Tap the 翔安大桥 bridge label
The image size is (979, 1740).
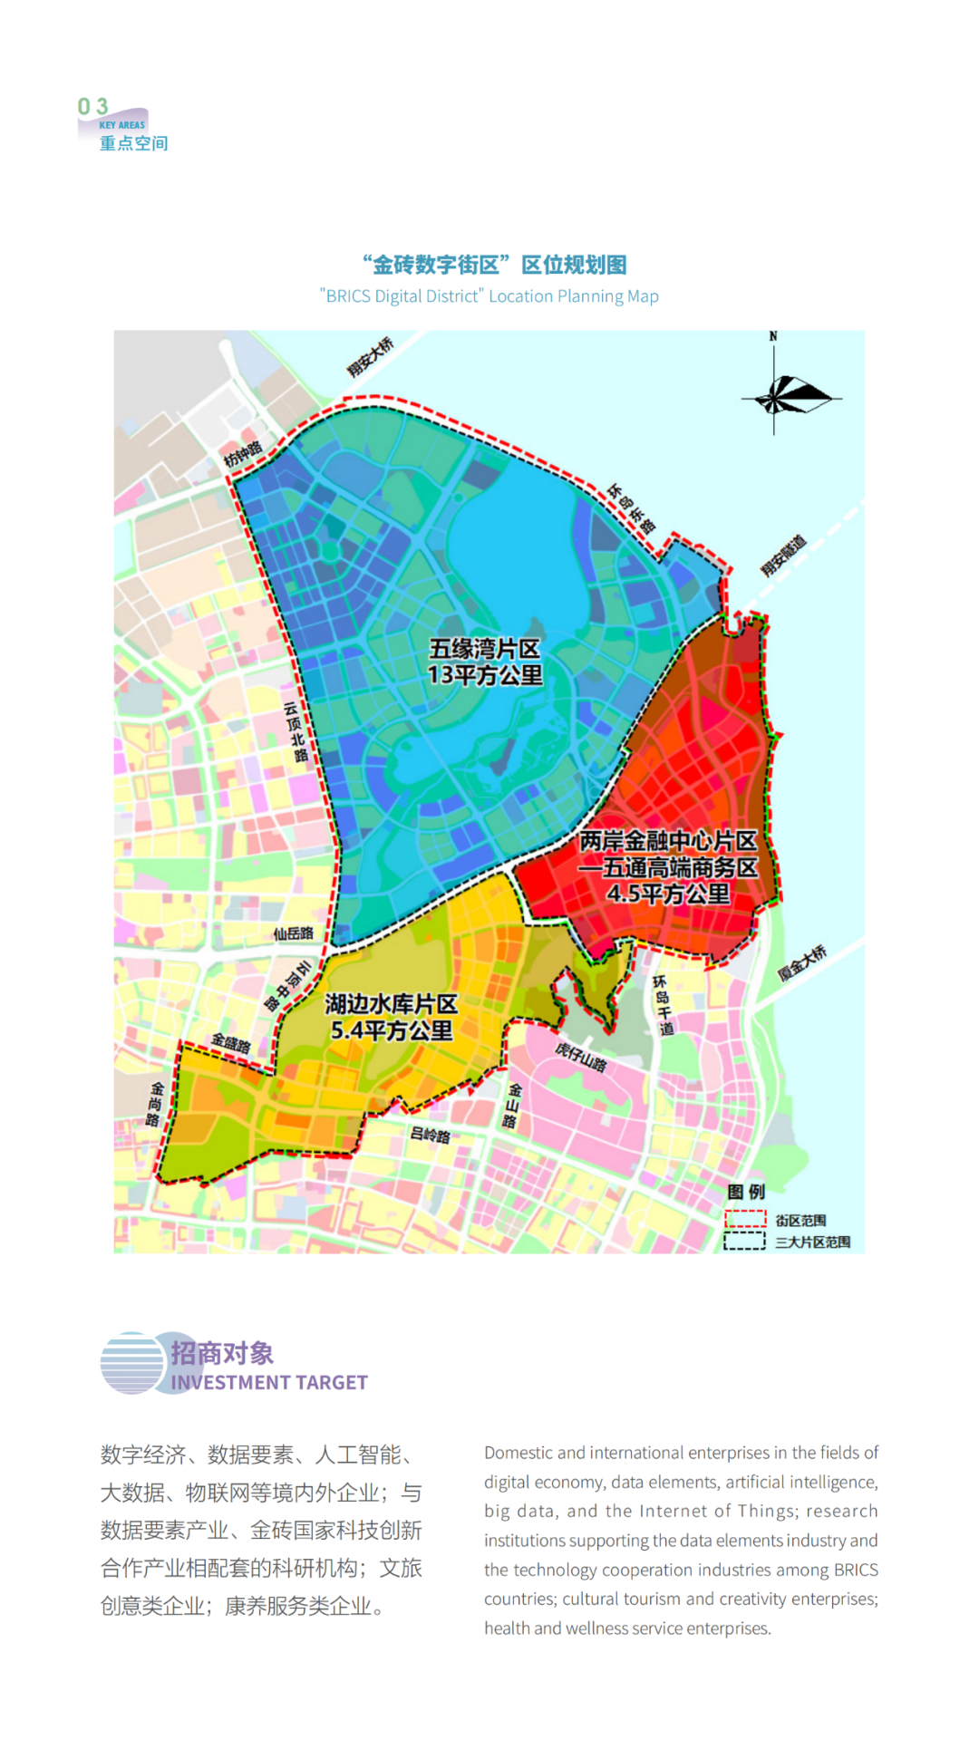[371, 356]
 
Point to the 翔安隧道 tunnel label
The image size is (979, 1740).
[783, 556]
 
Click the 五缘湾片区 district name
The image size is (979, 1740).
[484, 649]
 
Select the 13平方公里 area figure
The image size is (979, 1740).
[485, 675]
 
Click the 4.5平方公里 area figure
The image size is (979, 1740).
[668, 894]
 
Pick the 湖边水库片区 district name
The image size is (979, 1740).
[392, 1004]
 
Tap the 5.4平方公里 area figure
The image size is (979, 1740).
[392, 1030]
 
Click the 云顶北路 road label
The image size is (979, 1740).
[296, 731]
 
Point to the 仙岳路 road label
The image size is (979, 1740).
[293, 933]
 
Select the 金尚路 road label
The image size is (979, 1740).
[155, 1104]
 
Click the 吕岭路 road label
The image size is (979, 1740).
[430, 1135]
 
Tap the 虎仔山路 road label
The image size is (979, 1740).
[580, 1057]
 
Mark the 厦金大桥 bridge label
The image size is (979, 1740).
[802, 962]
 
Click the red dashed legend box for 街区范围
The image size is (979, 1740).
[745, 1219]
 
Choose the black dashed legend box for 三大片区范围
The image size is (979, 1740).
[745, 1241]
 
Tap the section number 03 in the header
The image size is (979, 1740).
[92, 107]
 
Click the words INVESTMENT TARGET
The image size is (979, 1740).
[269, 1382]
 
